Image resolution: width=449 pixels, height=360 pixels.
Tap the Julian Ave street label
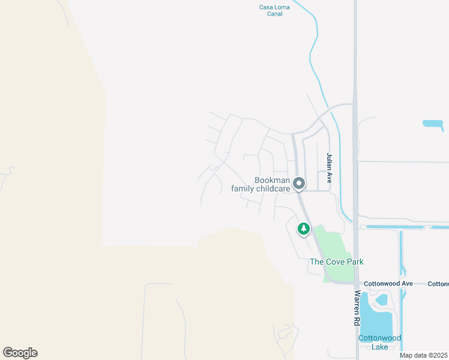(x=329, y=167)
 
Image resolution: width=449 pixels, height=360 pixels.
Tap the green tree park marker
(x=304, y=229)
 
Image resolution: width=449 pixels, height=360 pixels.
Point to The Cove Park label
(x=336, y=262)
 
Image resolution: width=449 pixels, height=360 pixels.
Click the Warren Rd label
(x=357, y=308)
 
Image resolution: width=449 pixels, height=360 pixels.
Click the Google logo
(x=20, y=353)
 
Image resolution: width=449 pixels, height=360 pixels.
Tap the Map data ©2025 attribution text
(x=423, y=355)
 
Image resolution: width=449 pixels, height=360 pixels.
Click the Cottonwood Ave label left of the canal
(x=390, y=283)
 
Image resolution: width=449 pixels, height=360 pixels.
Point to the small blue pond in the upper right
(x=433, y=124)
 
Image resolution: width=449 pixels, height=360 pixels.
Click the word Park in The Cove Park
(x=354, y=262)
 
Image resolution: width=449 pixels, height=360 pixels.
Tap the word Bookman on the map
(x=272, y=180)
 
